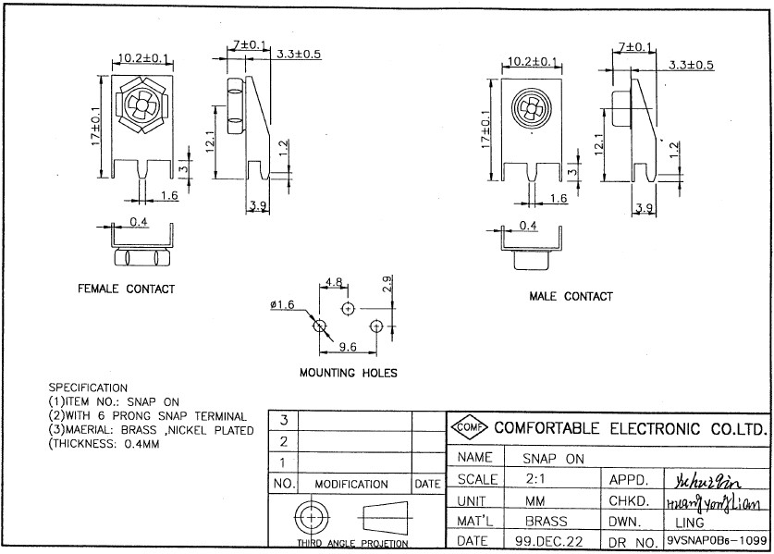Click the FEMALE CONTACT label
tap(126, 289)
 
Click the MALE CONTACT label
tap(571, 296)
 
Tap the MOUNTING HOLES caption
tap(348, 373)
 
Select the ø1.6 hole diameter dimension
tap(282, 305)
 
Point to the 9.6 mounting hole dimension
tap(348, 347)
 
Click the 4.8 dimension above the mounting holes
tap(334, 282)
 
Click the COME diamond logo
tap(470, 428)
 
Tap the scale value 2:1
tap(536, 480)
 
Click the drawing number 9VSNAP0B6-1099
tap(716, 540)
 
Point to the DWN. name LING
tap(689, 522)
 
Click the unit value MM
tap(535, 500)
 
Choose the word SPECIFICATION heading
tap(88, 387)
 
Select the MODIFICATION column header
tap(351, 484)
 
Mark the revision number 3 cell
tap(283, 421)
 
